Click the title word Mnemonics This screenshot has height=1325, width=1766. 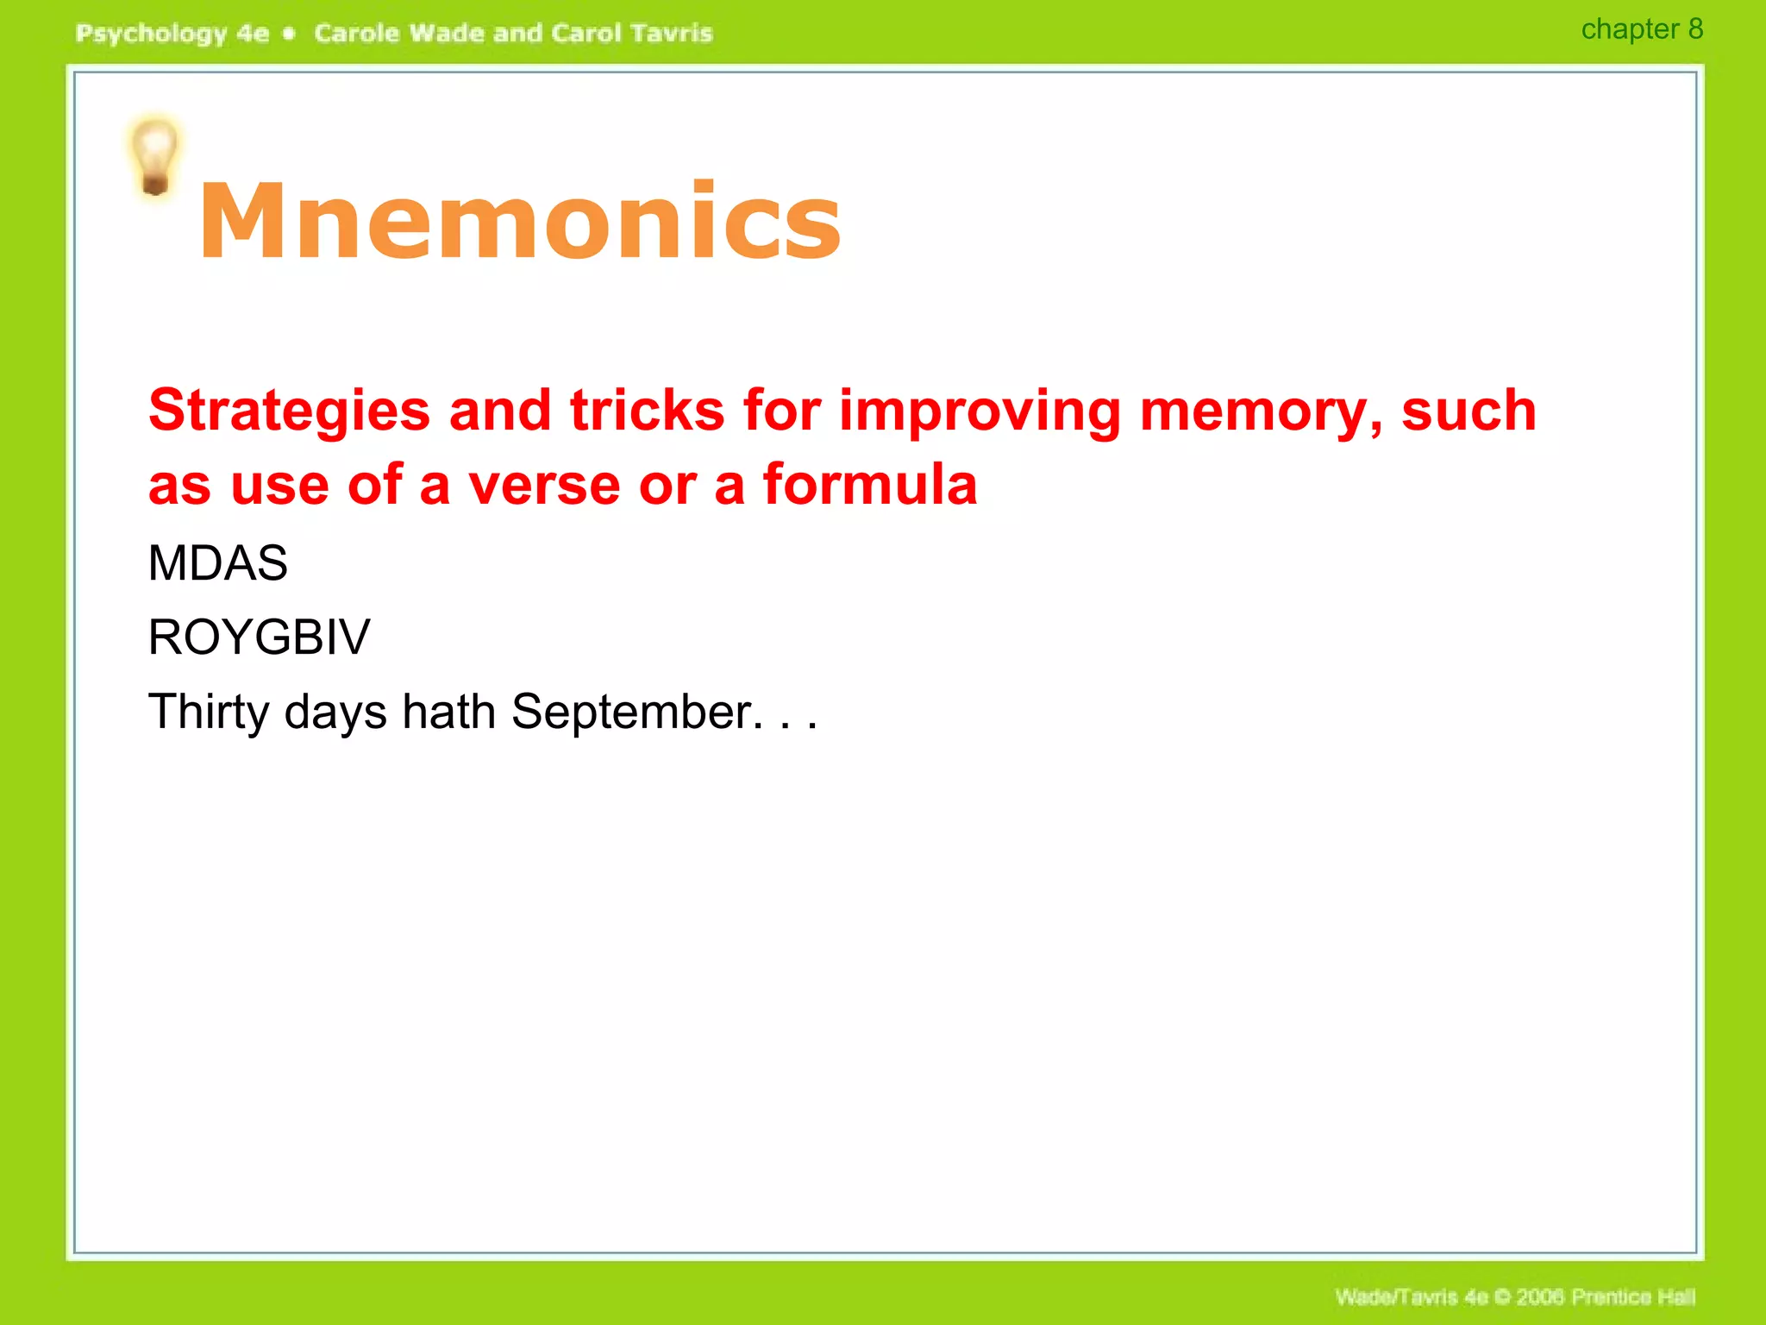point(519,221)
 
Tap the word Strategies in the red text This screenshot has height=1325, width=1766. point(289,411)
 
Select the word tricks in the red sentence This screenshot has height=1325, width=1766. point(647,411)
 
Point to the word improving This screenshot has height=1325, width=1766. point(980,411)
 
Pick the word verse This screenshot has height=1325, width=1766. point(543,485)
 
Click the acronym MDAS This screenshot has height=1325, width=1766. point(217,563)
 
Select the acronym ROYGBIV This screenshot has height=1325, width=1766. point(259,637)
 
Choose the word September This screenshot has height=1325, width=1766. point(636,713)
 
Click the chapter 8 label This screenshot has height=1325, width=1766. point(1641,29)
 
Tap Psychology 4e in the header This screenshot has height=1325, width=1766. point(172,34)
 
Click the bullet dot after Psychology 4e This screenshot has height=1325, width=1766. point(290,34)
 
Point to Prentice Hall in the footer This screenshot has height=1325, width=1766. point(1632,1297)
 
